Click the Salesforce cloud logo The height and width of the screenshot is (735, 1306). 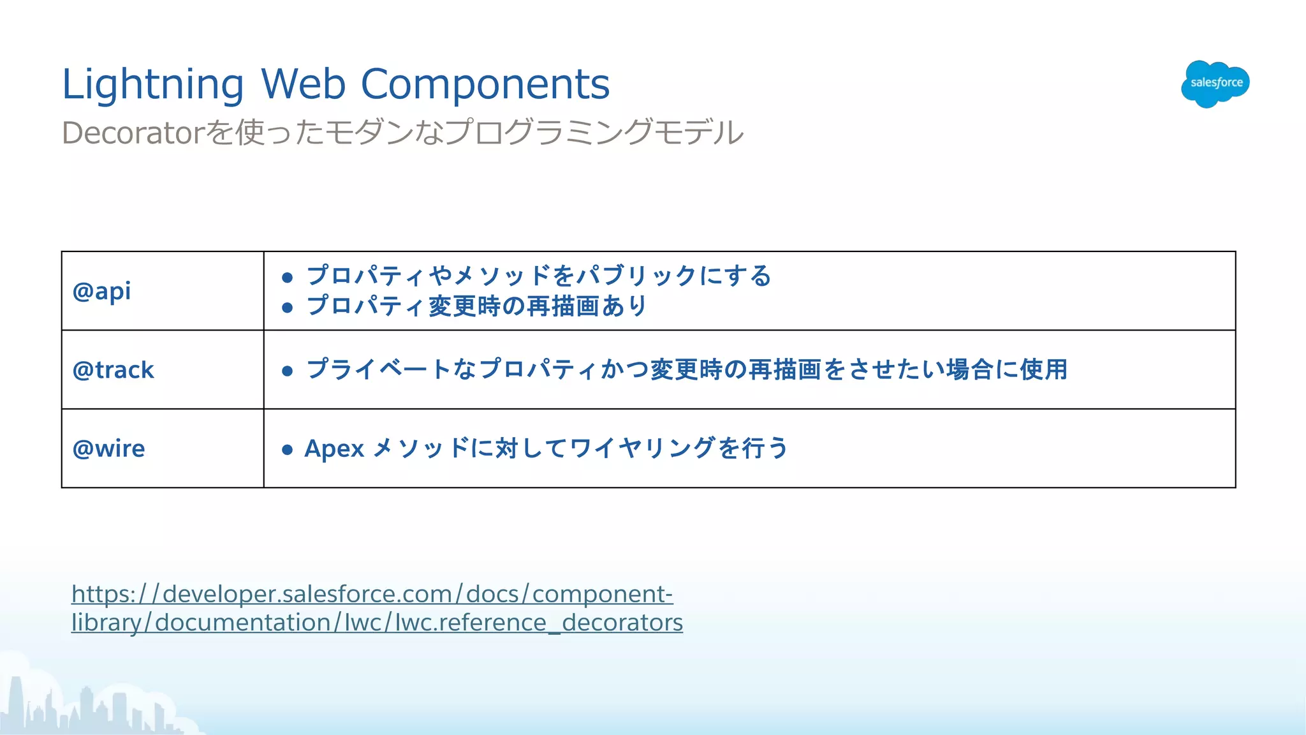1215,84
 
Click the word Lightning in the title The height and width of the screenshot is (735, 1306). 152,84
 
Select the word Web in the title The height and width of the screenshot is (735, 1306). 303,84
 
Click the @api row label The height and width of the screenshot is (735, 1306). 102,292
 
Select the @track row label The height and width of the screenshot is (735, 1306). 114,370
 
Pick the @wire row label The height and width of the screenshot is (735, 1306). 109,449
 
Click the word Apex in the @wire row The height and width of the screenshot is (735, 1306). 334,449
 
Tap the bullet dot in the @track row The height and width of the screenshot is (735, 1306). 288,371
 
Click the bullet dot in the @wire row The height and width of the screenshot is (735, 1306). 288,450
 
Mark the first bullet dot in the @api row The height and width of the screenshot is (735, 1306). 288,278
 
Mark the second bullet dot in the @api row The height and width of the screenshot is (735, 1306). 288,308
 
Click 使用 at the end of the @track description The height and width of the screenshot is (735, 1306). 1044,369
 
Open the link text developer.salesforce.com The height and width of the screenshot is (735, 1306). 307,594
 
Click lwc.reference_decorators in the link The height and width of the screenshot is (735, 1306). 539,623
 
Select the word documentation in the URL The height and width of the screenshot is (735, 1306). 242,623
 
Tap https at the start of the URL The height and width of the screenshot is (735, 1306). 99,594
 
